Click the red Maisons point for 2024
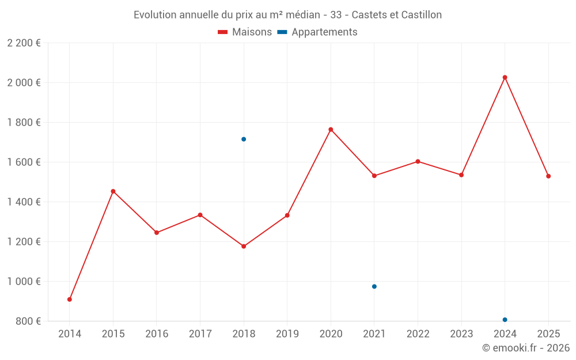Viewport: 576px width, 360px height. [505, 77]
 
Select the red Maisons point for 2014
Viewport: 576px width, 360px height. [70, 300]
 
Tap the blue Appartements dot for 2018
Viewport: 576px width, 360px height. [244, 139]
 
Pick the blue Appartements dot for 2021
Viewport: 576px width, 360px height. [374, 286]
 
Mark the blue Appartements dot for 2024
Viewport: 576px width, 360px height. [505, 320]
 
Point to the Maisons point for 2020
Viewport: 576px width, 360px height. [331, 130]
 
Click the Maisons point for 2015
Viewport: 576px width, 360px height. [113, 191]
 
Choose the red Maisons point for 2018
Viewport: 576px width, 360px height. [244, 247]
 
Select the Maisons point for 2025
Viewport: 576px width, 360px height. [548, 176]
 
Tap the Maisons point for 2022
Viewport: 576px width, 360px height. [418, 161]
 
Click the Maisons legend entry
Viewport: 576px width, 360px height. [245, 32]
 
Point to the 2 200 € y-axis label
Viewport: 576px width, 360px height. [24, 43]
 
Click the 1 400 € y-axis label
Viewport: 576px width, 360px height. [24, 202]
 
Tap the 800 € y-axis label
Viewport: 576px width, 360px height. [28, 321]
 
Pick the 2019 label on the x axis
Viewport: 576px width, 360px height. [287, 334]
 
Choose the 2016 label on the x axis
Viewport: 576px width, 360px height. [157, 334]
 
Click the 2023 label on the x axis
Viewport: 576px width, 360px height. [461, 334]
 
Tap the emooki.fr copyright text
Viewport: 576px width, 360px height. [525, 348]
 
